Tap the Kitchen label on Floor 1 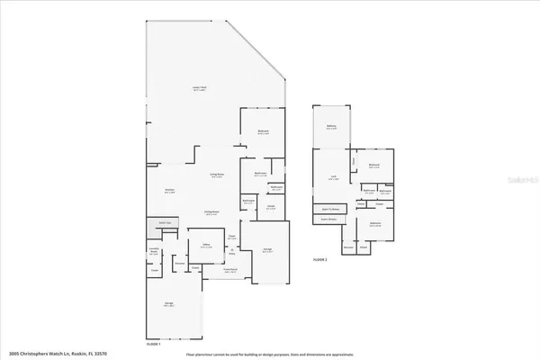(169, 191)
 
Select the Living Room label (217, 175)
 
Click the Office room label (205, 246)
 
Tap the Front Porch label (230, 270)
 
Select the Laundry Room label (153, 253)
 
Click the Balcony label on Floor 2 (332, 128)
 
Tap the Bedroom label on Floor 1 (264, 132)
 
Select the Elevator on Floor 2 (348, 248)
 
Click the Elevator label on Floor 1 (180, 264)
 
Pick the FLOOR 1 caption (154, 343)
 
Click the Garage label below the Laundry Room (168, 305)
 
